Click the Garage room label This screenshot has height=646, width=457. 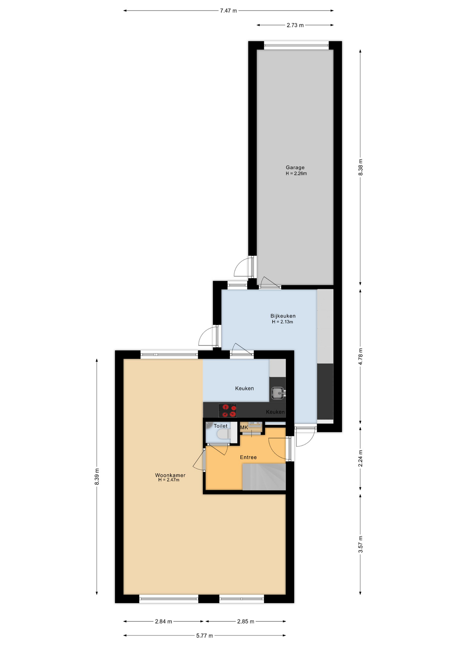click(295, 167)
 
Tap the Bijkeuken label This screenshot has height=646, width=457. click(283, 316)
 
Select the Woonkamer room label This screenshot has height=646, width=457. click(170, 475)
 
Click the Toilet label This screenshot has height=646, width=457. click(220, 426)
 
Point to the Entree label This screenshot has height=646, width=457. click(248, 457)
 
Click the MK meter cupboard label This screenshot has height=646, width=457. click(244, 427)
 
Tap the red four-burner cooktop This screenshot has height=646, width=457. click(227, 410)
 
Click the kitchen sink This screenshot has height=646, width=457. click(278, 393)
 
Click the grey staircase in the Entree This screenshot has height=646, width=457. click(264, 477)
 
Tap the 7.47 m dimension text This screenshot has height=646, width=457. click(229, 11)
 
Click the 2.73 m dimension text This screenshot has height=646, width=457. click(295, 25)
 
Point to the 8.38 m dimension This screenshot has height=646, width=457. click(360, 167)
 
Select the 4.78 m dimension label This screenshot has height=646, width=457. click(360, 356)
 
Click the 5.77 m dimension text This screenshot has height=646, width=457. click(205, 636)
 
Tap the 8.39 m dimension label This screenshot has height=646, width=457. click(97, 477)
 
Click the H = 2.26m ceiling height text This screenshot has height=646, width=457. click(296, 174)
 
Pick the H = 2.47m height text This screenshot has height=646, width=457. click(169, 480)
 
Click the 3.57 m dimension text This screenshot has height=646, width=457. click(360, 544)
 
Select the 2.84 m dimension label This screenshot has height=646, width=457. click(164, 621)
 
